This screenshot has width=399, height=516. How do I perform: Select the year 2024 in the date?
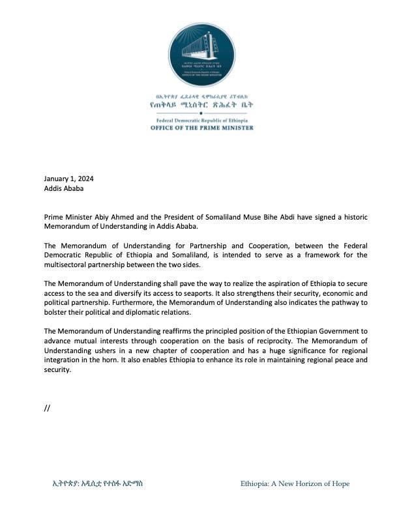pyautogui.click(x=91, y=179)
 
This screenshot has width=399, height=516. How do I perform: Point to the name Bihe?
pyautogui.click(x=300, y=216)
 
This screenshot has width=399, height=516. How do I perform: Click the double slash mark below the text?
pyautogui.click(x=47, y=408)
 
